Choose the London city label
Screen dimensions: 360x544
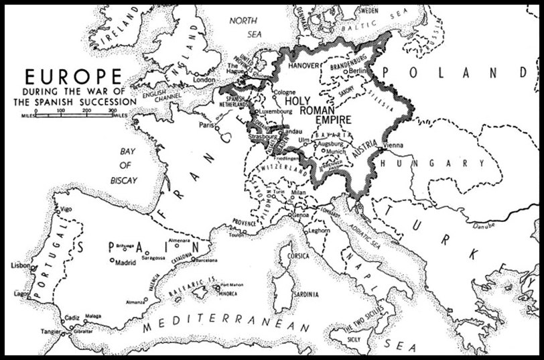pyautogui.click(x=204, y=80)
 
